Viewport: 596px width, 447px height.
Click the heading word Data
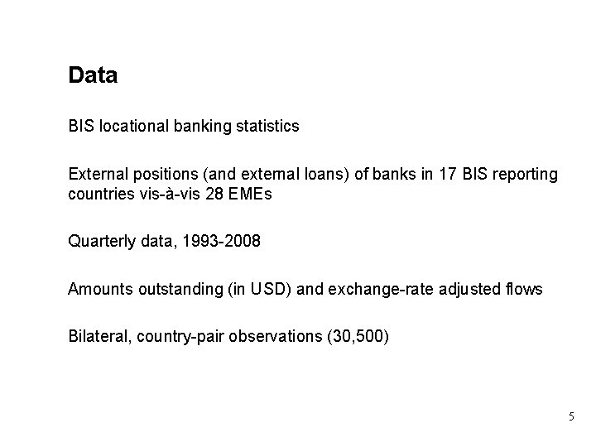[x=93, y=76]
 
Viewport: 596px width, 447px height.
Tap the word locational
[x=131, y=127]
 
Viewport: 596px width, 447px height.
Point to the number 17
[x=445, y=175]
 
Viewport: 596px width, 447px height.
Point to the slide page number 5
[x=570, y=416]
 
